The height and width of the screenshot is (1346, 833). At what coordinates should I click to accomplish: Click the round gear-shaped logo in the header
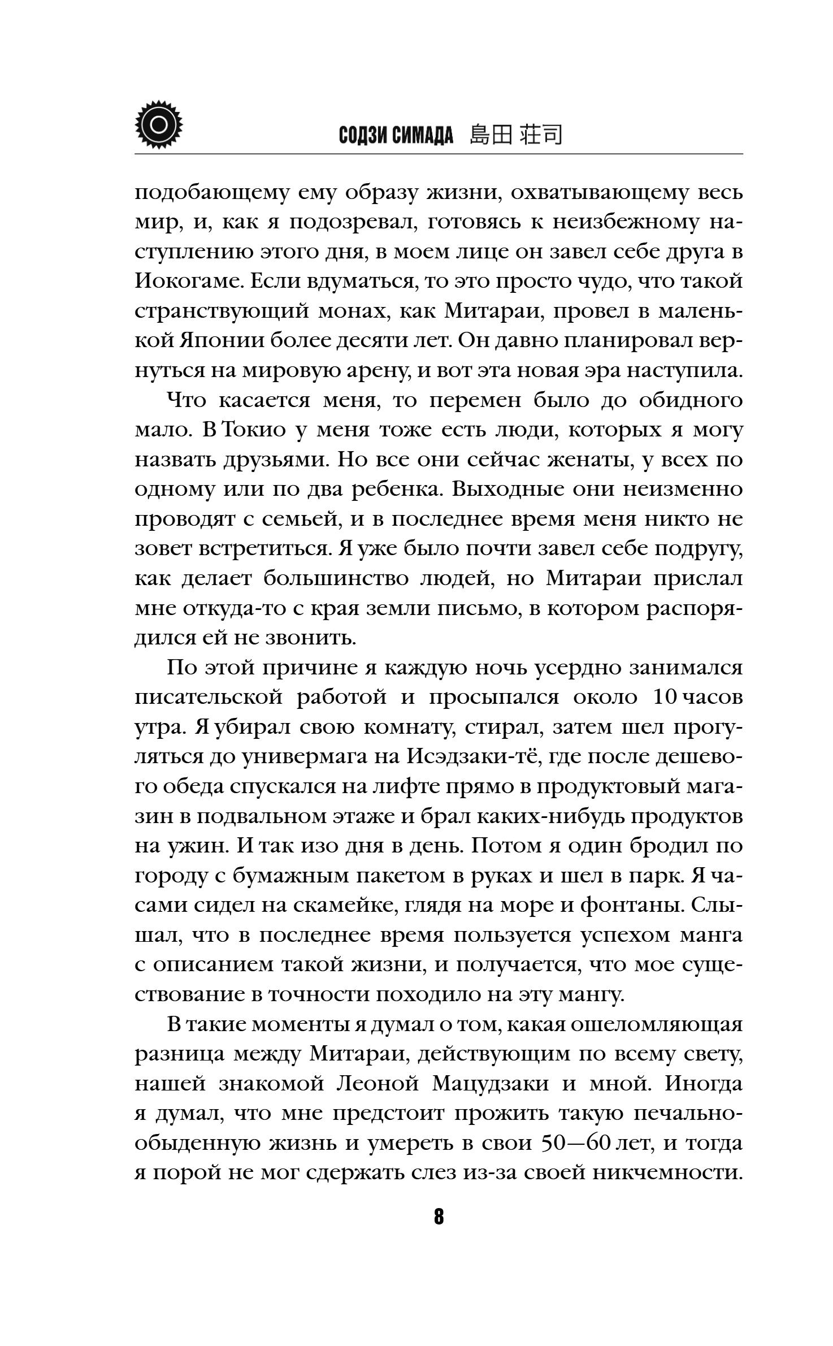coord(160,124)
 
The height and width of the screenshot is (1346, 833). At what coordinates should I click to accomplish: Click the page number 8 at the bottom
coord(439,1217)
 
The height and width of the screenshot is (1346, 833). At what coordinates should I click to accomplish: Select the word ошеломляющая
coord(656,1024)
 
